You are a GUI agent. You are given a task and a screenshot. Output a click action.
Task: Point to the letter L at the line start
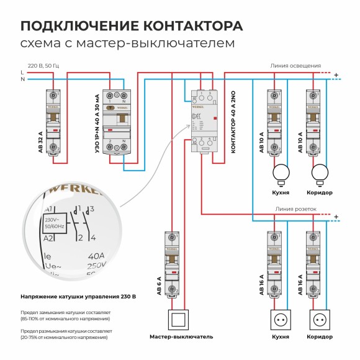pyautogui.click(x=22, y=73)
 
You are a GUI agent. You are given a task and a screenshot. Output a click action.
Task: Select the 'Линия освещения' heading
pyautogui.click(x=295, y=65)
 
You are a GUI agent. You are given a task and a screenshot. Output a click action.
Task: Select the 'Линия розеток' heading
pyautogui.click(x=296, y=209)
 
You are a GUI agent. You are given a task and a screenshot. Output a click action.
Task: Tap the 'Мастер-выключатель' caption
pyautogui.click(x=181, y=336)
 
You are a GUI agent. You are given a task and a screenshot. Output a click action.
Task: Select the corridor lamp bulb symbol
pyautogui.click(x=320, y=173)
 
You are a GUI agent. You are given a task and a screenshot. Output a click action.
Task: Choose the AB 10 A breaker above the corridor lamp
pyautogui.click(x=313, y=121)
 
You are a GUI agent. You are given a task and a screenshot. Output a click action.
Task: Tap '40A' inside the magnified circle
pyautogui.click(x=97, y=254)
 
